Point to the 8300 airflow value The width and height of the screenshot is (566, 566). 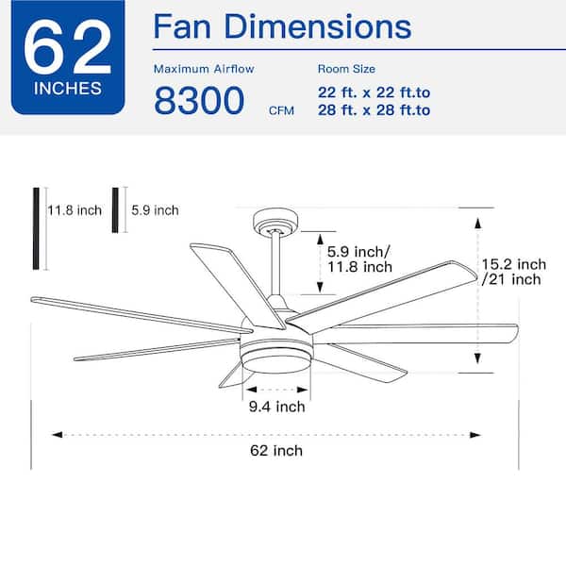click(199, 99)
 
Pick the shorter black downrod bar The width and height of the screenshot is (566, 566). click(116, 209)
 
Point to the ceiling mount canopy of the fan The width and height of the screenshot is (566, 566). click(275, 223)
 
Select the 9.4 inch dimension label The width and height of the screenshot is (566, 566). click(276, 408)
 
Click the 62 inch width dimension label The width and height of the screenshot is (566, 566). click(276, 450)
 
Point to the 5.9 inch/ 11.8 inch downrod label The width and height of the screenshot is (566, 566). click(359, 259)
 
